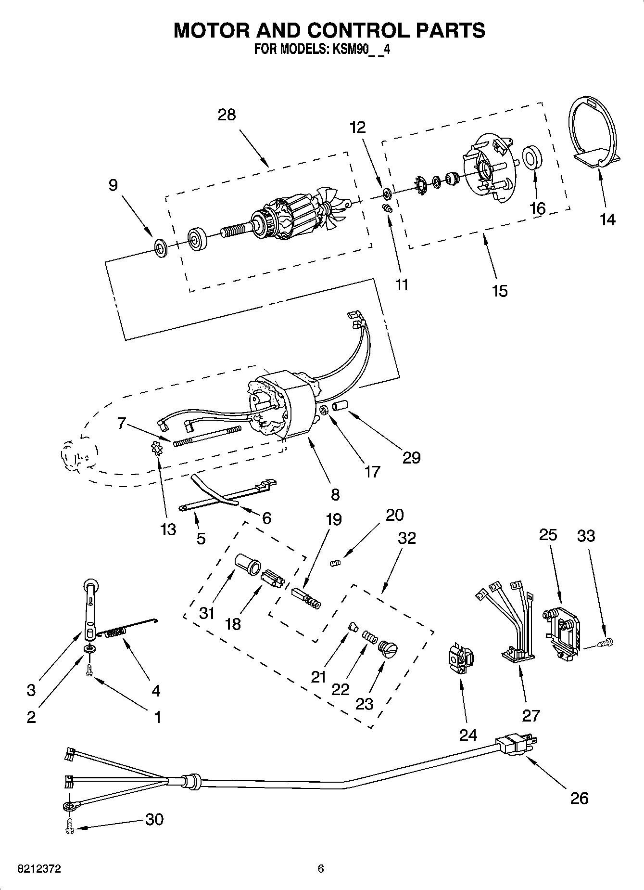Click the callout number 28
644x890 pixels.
[x=227, y=115]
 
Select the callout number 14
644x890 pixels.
[x=608, y=219]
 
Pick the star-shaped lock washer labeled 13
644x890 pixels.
[x=157, y=451]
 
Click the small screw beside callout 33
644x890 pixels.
[x=604, y=642]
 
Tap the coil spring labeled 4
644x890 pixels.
[x=115, y=633]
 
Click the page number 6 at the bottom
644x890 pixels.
[x=321, y=869]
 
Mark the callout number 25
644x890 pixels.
[x=548, y=535]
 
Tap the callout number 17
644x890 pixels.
[x=372, y=471]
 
